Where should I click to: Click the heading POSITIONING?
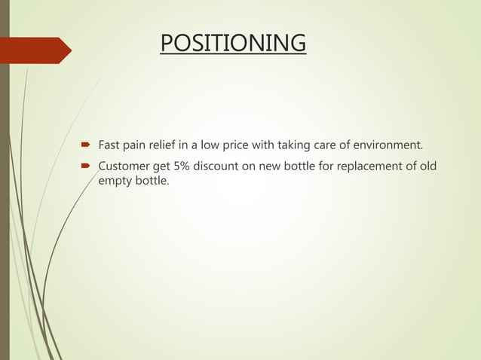coord(233,43)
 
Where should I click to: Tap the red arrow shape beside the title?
coord(38,50)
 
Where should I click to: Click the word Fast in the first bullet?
coord(111,145)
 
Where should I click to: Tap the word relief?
coord(170,145)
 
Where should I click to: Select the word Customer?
coord(125,166)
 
